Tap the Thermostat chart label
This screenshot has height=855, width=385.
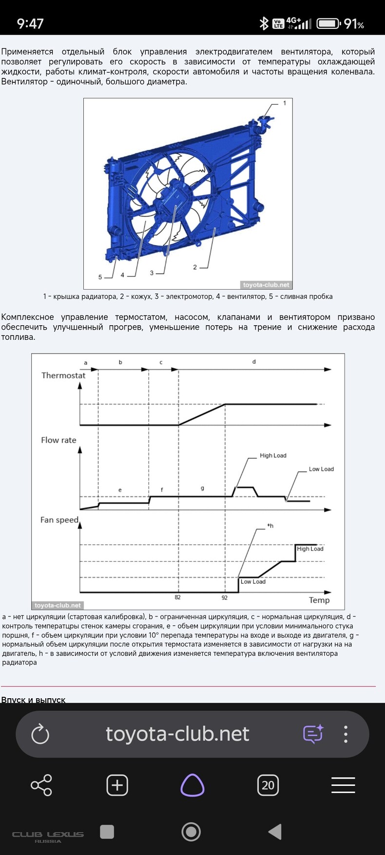(63, 375)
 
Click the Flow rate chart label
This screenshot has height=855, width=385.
(58, 440)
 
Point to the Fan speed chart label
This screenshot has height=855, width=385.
(59, 520)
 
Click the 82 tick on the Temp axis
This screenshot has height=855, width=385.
(177, 597)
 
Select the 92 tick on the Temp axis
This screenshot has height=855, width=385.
(225, 597)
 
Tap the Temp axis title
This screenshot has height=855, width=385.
(319, 600)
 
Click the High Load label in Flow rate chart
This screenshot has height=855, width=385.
(273, 456)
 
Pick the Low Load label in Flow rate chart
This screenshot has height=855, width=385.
(321, 469)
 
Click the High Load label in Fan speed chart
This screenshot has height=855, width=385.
(310, 549)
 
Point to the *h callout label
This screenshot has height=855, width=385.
(270, 526)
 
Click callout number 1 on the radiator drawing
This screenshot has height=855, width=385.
(285, 103)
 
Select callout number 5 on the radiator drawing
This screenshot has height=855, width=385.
(100, 277)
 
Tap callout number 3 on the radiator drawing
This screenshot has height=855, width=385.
(152, 273)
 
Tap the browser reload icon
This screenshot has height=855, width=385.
(40, 734)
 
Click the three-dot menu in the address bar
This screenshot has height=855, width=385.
(346, 734)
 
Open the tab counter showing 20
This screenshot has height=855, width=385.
(268, 785)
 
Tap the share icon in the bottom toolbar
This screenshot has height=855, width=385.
(41, 785)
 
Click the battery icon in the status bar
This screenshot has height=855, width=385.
(328, 23)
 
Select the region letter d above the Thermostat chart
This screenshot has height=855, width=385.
(254, 362)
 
